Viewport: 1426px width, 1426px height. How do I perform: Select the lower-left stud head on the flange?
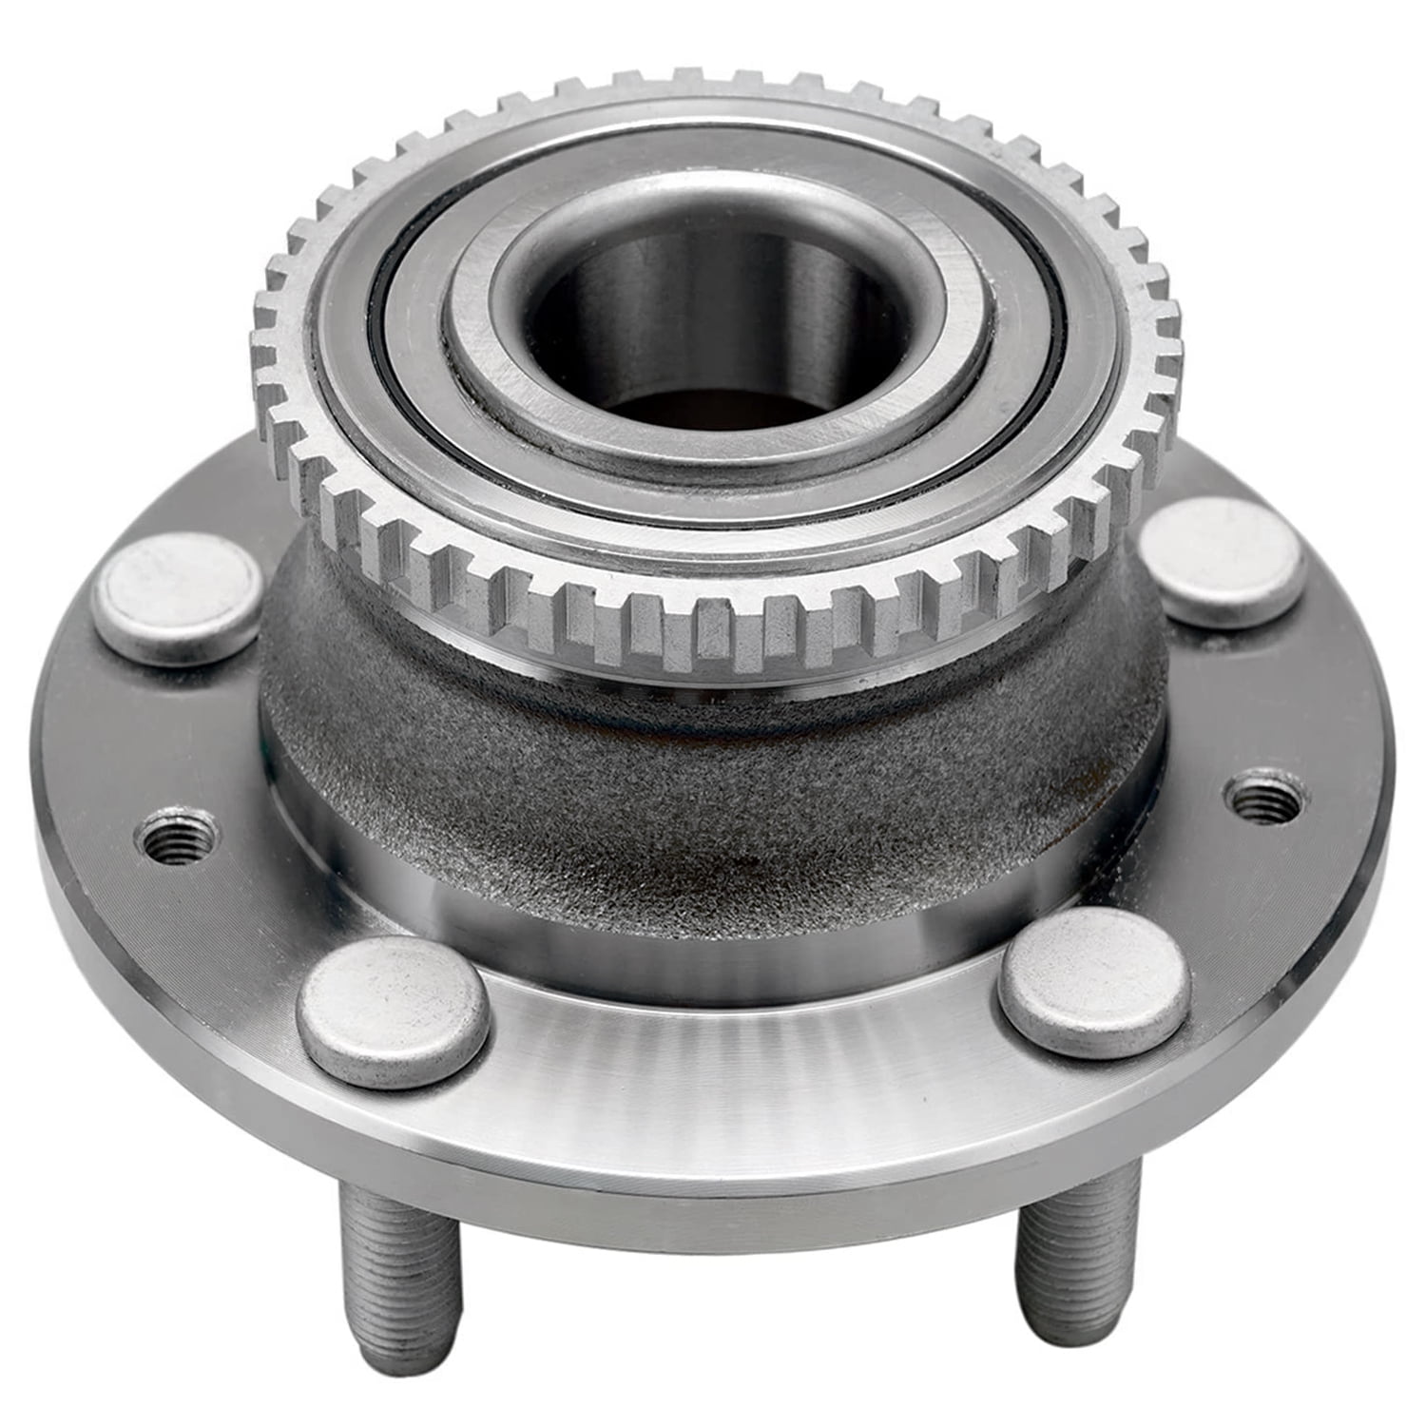click(x=393, y=1011)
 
